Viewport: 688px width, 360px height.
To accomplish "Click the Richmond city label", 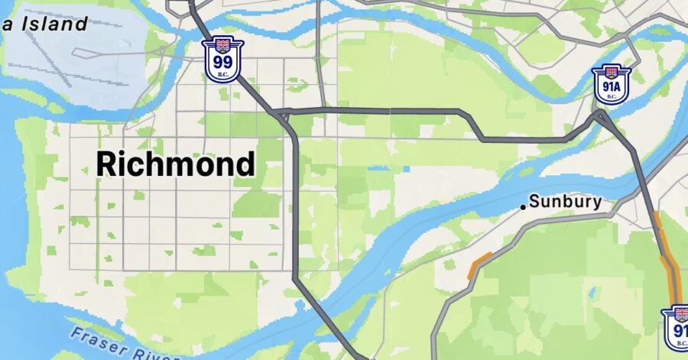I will pyautogui.click(x=176, y=163).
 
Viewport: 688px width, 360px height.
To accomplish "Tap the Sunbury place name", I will pyautogui.click(x=566, y=203).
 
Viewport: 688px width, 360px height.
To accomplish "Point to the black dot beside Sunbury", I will pyautogui.click(x=523, y=206).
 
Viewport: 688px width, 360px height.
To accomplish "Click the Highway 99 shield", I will pyautogui.click(x=222, y=60).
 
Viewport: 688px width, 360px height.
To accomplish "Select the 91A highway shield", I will pyautogui.click(x=611, y=83).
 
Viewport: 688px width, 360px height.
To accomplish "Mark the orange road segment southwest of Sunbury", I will pyautogui.click(x=480, y=264).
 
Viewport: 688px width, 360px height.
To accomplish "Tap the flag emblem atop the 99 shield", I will pyautogui.click(x=222, y=44).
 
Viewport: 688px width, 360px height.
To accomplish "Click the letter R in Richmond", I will pyautogui.click(x=108, y=164).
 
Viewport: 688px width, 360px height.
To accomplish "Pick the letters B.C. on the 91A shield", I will pyautogui.click(x=611, y=97).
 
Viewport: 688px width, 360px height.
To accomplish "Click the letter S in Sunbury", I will pyautogui.click(x=534, y=203).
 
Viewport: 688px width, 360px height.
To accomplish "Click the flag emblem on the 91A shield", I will pyautogui.click(x=611, y=72).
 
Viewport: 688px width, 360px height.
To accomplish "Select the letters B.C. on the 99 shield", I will pyautogui.click(x=222, y=75).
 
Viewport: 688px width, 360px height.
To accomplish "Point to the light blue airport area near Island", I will pyautogui.click(x=76, y=65).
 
